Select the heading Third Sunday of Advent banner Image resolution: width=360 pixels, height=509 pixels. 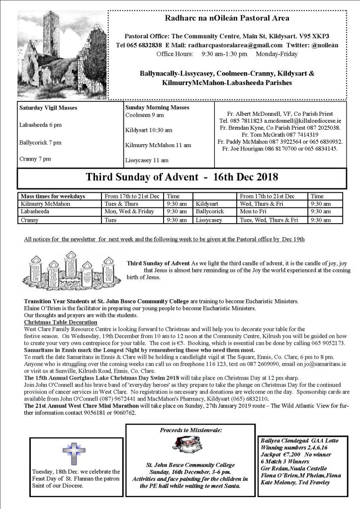tap(181, 177)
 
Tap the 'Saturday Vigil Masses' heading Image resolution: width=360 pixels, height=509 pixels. tap(48, 108)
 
